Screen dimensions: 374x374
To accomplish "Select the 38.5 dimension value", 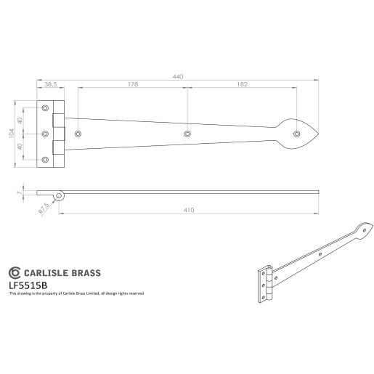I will (x=52, y=84).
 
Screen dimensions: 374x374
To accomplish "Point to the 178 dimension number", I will (x=132, y=84).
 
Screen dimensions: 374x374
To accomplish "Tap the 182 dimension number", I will (x=241, y=84).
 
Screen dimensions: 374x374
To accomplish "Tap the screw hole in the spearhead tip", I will (x=296, y=133).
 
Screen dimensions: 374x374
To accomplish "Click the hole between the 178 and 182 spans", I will (x=187, y=134).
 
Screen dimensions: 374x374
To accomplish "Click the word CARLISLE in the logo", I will (x=49, y=274).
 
